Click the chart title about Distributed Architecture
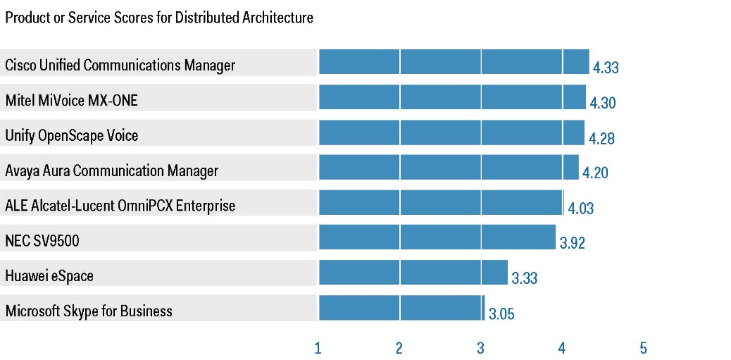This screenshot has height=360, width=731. point(159,18)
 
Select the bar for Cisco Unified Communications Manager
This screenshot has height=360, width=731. point(454,61)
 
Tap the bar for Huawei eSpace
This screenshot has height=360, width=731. point(413,273)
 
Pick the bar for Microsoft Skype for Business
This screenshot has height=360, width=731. point(402,307)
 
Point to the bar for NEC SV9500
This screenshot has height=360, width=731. point(437,237)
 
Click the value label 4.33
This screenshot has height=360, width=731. point(606,68)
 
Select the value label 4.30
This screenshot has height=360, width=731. point(603,103)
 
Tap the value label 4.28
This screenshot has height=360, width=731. point(601,138)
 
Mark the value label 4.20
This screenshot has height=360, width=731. point(595,173)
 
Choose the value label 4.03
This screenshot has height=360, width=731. point(581,208)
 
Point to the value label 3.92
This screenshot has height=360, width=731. point(572,243)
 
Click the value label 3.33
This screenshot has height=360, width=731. point(525,278)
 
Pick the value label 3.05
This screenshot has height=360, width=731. point(501,314)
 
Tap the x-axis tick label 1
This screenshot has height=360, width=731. point(318,348)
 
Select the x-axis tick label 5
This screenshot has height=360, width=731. point(644,348)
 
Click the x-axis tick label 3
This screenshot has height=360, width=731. point(481,348)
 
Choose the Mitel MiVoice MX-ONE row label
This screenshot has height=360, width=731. point(71,100)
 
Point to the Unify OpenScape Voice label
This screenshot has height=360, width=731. point(72,135)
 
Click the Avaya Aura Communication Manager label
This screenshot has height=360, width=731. point(111,170)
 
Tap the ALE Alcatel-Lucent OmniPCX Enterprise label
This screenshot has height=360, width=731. point(120,206)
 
